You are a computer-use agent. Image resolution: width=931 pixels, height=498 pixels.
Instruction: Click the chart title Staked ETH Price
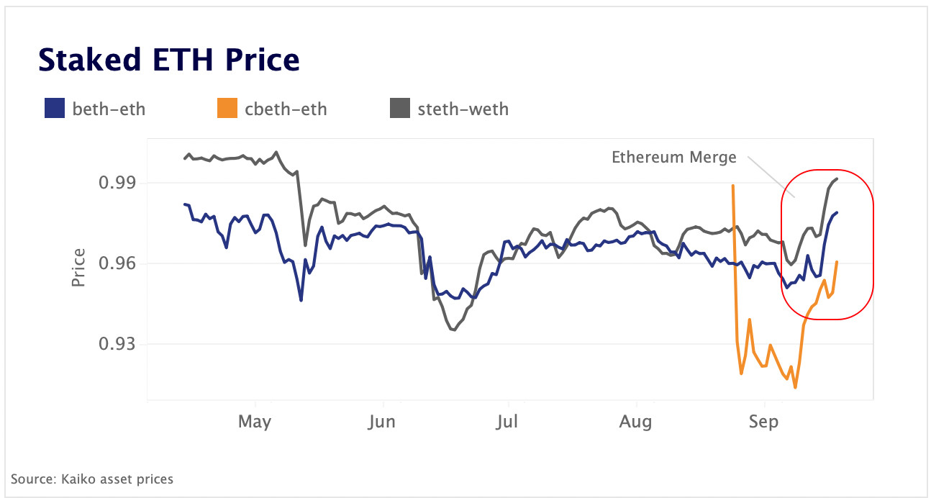point(168,60)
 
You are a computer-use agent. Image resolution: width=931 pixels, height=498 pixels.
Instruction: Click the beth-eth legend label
point(109,109)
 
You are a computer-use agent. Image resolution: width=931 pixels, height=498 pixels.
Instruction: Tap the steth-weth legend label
point(463,109)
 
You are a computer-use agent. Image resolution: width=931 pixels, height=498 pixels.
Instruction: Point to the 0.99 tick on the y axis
point(117,183)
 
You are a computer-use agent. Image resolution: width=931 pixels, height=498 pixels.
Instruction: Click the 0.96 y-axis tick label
point(117,263)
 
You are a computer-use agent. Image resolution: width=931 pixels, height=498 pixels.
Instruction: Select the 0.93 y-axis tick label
point(117,344)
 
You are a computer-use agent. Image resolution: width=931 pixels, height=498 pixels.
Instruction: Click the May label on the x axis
point(255,422)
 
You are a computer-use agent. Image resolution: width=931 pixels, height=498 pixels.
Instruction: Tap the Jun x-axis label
point(381,422)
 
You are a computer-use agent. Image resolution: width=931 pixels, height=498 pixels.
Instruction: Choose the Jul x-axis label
point(508,422)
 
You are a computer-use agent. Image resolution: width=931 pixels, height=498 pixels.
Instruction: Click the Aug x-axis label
point(636,422)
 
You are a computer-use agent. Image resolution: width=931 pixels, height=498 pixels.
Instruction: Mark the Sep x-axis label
point(763,422)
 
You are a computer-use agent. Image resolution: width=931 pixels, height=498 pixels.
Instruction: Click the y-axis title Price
point(78,267)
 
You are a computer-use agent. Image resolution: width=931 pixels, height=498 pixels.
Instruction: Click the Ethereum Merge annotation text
point(674,157)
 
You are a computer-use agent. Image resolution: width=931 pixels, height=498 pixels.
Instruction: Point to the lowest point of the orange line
point(795,388)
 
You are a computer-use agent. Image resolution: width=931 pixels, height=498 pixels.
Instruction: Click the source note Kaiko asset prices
point(92,479)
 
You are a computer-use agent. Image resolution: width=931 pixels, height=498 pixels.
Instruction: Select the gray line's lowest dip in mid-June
point(453,330)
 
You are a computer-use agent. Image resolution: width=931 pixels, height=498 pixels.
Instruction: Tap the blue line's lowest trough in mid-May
point(301,300)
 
